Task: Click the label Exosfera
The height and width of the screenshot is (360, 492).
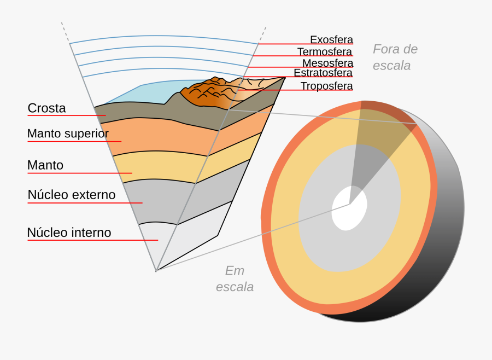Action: point(331,39)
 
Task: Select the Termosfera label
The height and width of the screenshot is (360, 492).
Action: point(325,51)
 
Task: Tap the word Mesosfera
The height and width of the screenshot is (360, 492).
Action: point(327,63)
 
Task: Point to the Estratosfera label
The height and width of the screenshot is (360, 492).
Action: point(323,73)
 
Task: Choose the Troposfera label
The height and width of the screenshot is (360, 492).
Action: point(326,86)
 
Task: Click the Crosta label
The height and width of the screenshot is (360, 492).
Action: point(46,108)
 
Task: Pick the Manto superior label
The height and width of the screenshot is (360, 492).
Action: point(68,133)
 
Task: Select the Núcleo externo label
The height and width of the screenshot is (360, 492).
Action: point(72,195)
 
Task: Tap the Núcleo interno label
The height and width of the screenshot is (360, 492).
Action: point(69,233)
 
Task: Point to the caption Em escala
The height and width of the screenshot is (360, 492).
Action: point(235,278)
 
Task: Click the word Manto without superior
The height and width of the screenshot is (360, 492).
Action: point(45,165)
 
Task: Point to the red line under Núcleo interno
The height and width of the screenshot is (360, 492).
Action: point(92,240)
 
